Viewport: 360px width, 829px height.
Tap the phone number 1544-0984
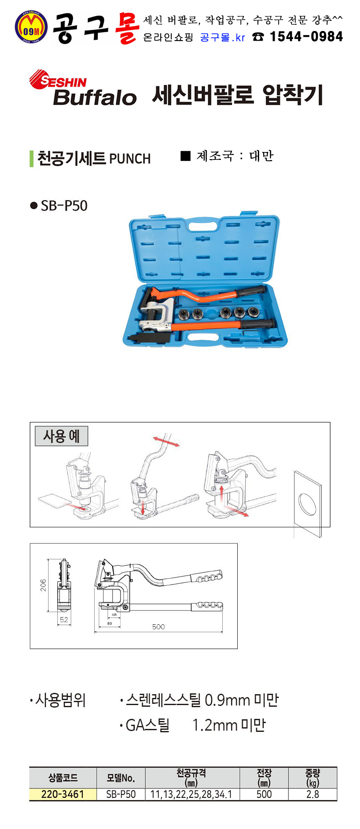coord(306,37)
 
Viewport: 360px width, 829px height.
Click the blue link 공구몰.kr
coord(222,38)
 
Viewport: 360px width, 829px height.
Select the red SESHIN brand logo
coord(58,80)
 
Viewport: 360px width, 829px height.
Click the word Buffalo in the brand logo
coord(95,97)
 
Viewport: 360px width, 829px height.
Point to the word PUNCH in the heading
coord(130,159)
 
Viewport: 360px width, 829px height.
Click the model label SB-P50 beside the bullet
coord(64,206)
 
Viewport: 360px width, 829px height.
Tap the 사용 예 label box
coord(61,436)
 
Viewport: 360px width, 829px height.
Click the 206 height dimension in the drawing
coord(43,585)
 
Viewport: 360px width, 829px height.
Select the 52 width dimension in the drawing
coord(64,620)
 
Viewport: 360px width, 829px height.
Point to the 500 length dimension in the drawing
coord(158,627)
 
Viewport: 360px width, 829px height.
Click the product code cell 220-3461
coord(63,794)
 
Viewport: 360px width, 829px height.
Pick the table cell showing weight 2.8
coord(313,794)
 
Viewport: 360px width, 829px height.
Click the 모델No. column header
coord(121,778)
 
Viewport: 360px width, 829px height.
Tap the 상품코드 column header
coord(63,778)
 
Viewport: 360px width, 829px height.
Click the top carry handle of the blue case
coord(204,226)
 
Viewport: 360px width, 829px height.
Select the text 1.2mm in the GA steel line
coord(214,725)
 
